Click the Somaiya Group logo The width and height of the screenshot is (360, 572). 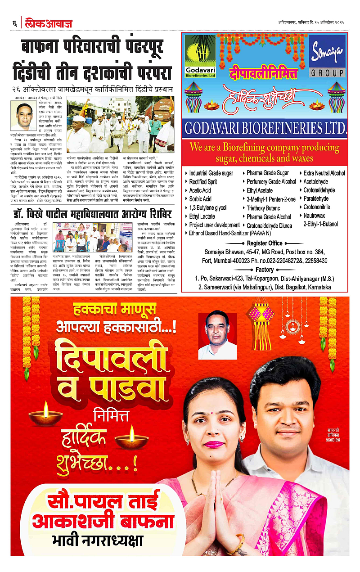[327, 56]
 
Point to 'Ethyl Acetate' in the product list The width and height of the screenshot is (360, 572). [259, 190]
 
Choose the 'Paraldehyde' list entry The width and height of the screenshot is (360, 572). [319, 198]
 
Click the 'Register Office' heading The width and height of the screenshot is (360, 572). [265, 243]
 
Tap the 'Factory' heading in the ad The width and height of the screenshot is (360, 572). [265, 270]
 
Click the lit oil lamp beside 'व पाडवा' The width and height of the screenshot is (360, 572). [45, 412]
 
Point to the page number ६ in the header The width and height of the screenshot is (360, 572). [14, 23]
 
